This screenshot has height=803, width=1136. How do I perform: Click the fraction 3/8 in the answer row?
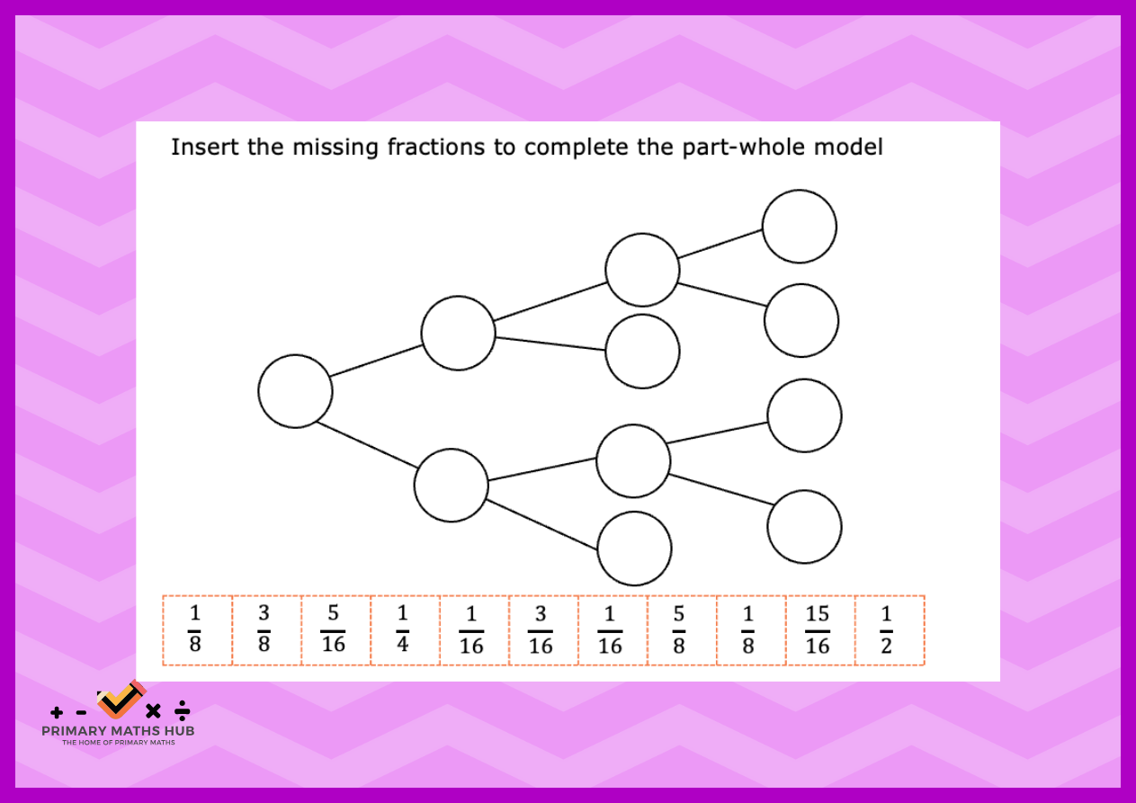(264, 629)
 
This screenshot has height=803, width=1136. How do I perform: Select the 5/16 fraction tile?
(333, 629)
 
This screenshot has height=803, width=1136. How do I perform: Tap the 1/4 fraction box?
(403, 629)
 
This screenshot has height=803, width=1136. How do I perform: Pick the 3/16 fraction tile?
(541, 630)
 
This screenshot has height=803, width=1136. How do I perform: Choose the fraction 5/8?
(679, 630)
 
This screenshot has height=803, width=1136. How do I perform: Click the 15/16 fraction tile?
(818, 630)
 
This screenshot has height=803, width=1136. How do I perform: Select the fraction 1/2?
(887, 630)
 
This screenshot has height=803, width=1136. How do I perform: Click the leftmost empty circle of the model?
(295, 391)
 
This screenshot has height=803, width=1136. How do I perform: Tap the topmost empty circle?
(800, 227)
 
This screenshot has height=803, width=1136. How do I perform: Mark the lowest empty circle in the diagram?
(634, 549)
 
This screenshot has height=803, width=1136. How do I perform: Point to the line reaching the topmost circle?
(720, 244)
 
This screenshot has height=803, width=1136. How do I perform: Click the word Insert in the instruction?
(205, 147)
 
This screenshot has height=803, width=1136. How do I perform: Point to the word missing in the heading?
(335, 148)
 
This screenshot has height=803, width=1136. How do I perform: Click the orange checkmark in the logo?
(121, 700)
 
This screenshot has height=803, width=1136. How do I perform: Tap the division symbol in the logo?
(182, 710)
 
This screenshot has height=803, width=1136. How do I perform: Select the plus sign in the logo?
(57, 713)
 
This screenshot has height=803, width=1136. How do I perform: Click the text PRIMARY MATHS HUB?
(118, 731)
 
